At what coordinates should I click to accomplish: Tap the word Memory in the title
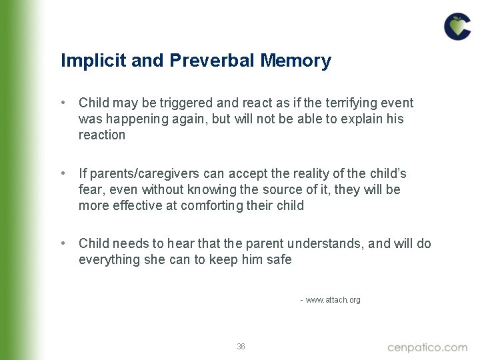tap(296, 61)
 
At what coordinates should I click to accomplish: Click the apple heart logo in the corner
tap(457, 26)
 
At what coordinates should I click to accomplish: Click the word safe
tap(279, 260)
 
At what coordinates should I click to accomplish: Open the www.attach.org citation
tap(333, 300)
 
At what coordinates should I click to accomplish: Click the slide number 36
tap(241, 347)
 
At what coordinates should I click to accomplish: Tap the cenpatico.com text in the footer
tap(427, 347)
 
